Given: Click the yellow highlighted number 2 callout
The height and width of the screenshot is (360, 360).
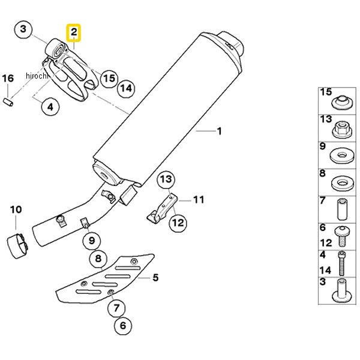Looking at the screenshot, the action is pyautogui.click(x=73, y=32).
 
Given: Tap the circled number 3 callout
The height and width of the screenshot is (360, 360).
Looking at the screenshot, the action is pyautogui.click(x=23, y=29).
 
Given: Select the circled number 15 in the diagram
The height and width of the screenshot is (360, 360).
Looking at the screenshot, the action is pyautogui.click(x=109, y=79).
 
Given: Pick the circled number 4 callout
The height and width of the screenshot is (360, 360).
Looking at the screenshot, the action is pyautogui.click(x=50, y=107).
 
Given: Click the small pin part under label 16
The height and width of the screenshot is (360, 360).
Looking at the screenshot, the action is pyautogui.click(x=8, y=102).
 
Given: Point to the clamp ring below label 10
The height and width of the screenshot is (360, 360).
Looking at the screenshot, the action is pyautogui.click(x=17, y=246).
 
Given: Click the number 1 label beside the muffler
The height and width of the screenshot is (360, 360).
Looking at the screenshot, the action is pyautogui.click(x=220, y=131).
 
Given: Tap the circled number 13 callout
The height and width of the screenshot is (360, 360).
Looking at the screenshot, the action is pyautogui.click(x=166, y=179).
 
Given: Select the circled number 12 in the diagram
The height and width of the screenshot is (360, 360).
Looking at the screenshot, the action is pyautogui.click(x=178, y=223).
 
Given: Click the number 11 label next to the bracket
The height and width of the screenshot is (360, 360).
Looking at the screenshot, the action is pyautogui.click(x=199, y=200).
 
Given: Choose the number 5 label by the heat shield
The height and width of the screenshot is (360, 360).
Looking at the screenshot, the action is pyautogui.click(x=155, y=278).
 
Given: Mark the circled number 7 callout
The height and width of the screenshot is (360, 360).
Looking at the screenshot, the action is pyautogui.click(x=116, y=308).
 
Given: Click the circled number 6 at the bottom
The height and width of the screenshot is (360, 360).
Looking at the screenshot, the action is pyautogui.click(x=123, y=326).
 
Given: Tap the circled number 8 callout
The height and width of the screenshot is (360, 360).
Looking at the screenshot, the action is pyautogui.click(x=98, y=259).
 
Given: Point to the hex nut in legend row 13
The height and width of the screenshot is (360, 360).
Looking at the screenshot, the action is pyautogui.click(x=342, y=130).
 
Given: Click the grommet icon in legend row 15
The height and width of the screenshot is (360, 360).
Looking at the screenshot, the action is pyautogui.click(x=342, y=103).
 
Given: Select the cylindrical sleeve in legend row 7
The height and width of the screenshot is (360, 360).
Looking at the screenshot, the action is pyautogui.click(x=342, y=209).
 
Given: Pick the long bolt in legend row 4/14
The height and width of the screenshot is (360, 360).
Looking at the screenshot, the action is pyautogui.click(x=341, y=263).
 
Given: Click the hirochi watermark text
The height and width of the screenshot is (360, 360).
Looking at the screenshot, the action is pyautogui.click(x=37, y=76).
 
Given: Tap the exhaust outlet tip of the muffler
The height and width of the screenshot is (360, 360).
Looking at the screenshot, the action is pyautogui.click(x=232, y=44).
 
